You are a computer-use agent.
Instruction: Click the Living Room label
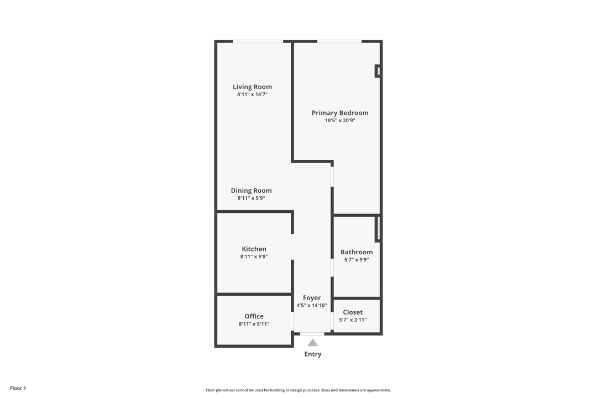click(252, 87)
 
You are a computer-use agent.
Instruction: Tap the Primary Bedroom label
click(340, 113)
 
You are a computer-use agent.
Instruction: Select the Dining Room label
click(252, 191)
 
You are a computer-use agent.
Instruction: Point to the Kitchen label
click(254, 249)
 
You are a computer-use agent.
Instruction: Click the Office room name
click(254, 317)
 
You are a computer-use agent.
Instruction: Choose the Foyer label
click(312, 298)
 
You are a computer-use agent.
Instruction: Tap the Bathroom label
click(357, 252)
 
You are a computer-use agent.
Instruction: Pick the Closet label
click(353, 312)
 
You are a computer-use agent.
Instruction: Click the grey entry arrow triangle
click(313, 343)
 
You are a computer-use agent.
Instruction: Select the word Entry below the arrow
click(313, 354)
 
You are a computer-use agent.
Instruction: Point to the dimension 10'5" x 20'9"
click(340, 121)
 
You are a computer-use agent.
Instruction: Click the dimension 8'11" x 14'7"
click(252, 95)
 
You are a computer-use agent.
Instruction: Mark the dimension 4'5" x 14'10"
click(312, 305)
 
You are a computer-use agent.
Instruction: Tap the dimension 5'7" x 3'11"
click(353, 320)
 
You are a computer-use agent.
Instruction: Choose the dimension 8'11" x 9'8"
click(254, 256)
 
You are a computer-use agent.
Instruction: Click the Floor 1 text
click(18, 388)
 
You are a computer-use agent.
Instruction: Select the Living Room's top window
click(258, 41)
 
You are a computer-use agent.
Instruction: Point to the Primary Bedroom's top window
click(339, 41)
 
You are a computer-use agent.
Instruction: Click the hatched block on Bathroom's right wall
click(378, 228)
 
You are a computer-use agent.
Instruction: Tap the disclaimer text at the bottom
click(298, 390)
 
